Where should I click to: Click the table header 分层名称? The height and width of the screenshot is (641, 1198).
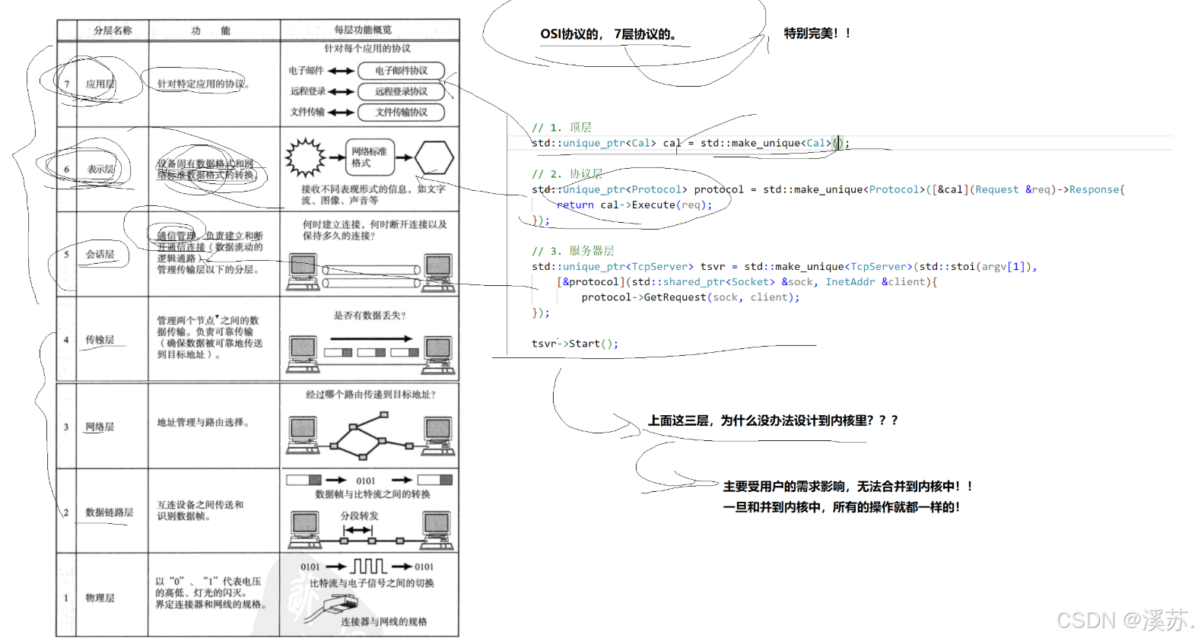113,30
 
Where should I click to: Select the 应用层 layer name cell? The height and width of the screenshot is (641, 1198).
100,84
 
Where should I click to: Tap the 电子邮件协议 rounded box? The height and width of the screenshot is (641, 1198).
401,71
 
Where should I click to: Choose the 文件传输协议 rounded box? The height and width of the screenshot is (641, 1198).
401,112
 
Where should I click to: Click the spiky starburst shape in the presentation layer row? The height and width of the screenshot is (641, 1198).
305,157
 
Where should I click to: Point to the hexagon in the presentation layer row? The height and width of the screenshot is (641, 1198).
434,158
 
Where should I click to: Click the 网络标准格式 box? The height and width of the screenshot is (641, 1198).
370,157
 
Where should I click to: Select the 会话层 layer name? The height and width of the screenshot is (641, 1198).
100,254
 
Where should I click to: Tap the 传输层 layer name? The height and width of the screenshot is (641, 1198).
100,339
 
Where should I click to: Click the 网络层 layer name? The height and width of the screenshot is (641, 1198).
100,427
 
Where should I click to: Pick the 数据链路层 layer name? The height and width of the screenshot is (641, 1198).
109,512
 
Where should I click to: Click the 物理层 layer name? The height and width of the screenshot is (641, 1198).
100,598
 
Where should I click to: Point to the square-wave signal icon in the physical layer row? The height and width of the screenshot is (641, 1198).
369,566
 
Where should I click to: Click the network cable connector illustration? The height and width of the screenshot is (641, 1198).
340,605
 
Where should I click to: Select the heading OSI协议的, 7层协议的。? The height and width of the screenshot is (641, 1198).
608,34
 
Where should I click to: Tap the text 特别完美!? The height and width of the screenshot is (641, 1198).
817,33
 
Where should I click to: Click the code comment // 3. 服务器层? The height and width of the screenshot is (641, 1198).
573,251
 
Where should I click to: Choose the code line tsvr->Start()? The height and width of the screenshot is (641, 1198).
574,344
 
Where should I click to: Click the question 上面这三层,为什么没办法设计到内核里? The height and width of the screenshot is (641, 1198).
772,420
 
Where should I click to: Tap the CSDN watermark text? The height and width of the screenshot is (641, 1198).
1123,620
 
